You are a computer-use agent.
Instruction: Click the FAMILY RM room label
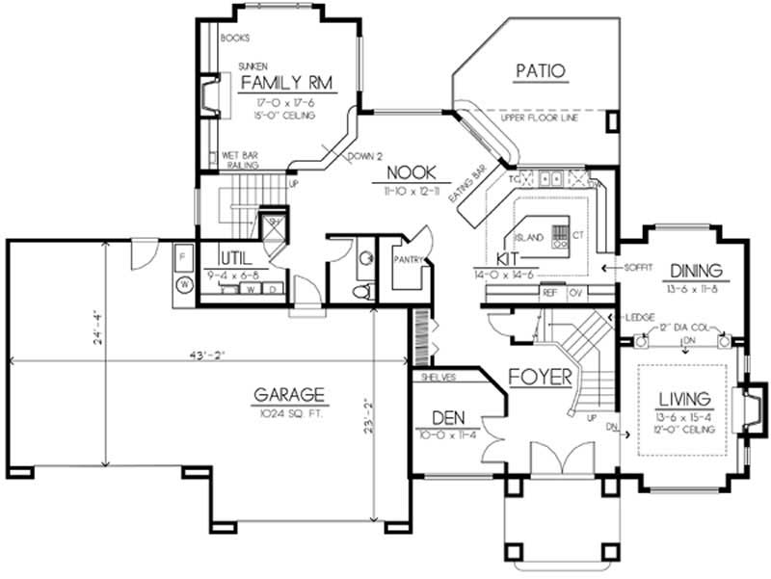286,83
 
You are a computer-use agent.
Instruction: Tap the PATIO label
539,70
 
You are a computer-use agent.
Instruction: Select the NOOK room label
412,173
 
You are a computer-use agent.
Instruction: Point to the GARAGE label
288,395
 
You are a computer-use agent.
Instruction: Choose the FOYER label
541,376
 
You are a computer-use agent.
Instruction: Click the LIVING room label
684,399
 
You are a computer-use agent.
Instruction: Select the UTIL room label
236,259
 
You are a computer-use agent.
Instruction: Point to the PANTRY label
409,258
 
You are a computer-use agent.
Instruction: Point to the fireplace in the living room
751,406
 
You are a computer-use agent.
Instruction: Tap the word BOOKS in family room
235,39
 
